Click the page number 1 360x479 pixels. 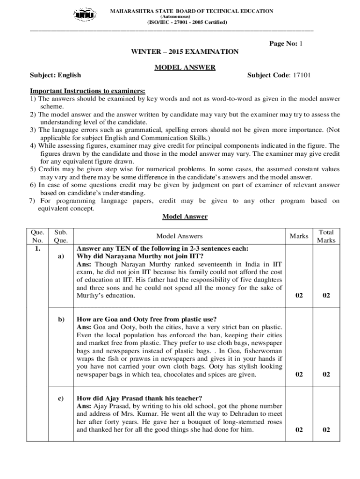tap(301, 44)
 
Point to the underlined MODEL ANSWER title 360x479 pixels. tap(185, 67)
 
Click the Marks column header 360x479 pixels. tap(299, 236)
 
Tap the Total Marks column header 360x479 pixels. tap(326, 236)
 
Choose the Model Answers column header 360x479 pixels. tap(180, 236)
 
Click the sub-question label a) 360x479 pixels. tap(61, 256)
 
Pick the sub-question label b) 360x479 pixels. tap(61, 319)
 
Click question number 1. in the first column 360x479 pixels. tap(37, 249)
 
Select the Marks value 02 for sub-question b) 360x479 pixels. tap(299, 374)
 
